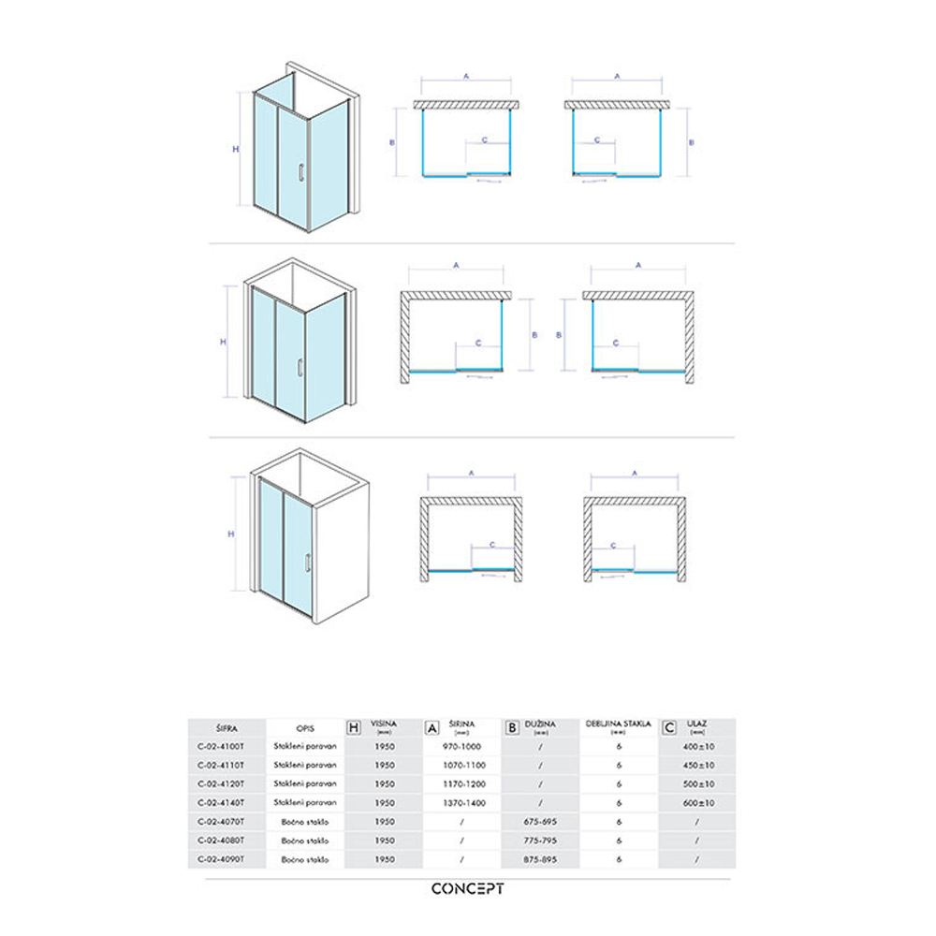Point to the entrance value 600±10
697,802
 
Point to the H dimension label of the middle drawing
223,342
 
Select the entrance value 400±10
697,747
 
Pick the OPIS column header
303,726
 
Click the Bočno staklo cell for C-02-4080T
303,839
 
